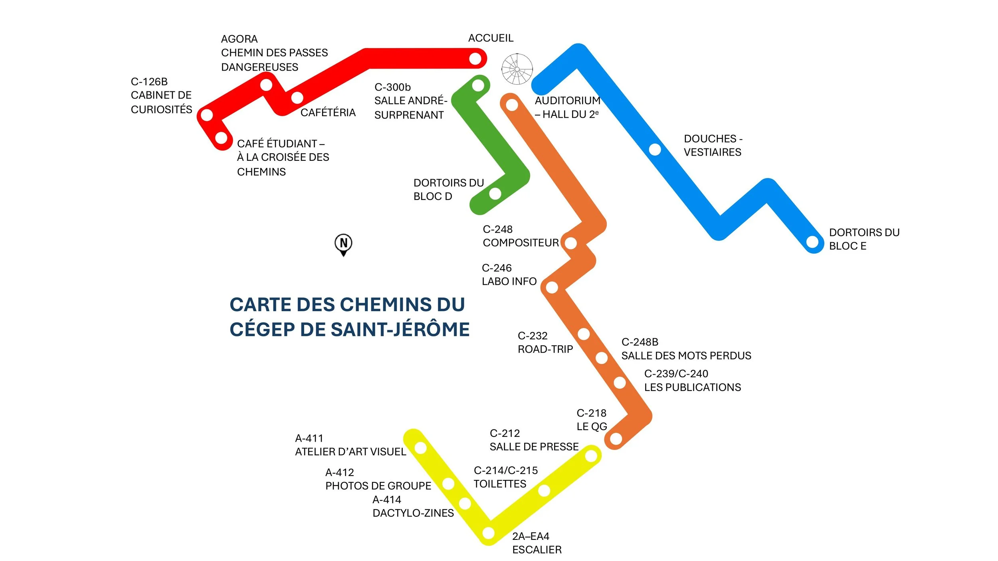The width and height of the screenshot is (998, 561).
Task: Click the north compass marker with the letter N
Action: click(x=343, y=243)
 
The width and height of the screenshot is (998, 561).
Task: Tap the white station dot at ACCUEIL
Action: click(x=475, y=59)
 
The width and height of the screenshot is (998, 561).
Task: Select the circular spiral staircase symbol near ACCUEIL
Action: click(x=517, y=69)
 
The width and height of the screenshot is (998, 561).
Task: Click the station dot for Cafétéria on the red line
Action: click(x=297, y=97)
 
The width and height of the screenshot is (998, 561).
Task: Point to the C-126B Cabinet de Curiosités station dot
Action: click(x=207, y=115)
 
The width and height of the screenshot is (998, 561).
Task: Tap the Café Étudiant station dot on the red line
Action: click(x=221, y=138)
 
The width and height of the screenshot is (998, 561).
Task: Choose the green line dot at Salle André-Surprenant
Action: click(x=478, y=85)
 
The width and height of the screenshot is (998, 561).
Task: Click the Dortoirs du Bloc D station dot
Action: click(x=495, y=194)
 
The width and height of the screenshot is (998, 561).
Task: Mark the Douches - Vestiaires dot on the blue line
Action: click(x=655, y=150)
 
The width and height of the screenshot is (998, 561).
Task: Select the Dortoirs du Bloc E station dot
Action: click(x=812, y=242)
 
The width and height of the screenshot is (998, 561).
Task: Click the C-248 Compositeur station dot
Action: click(x=571, y=243)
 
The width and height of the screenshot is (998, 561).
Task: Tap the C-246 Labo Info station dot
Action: click(x=552, y=287)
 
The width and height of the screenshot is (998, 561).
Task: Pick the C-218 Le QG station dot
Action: click(x=616, y=439)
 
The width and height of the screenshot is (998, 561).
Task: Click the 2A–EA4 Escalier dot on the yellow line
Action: click(x=489, y=533)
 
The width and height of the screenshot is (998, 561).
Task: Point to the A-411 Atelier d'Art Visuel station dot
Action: click(x=420, y=448)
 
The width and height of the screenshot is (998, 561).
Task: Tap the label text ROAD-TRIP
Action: click(x=545, y=350)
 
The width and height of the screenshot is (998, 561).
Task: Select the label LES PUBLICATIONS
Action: click(x=692, y=387)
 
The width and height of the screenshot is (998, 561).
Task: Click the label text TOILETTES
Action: click(x=500, y=484)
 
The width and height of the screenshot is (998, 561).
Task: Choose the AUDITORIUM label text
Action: click(x=567, y=101)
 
